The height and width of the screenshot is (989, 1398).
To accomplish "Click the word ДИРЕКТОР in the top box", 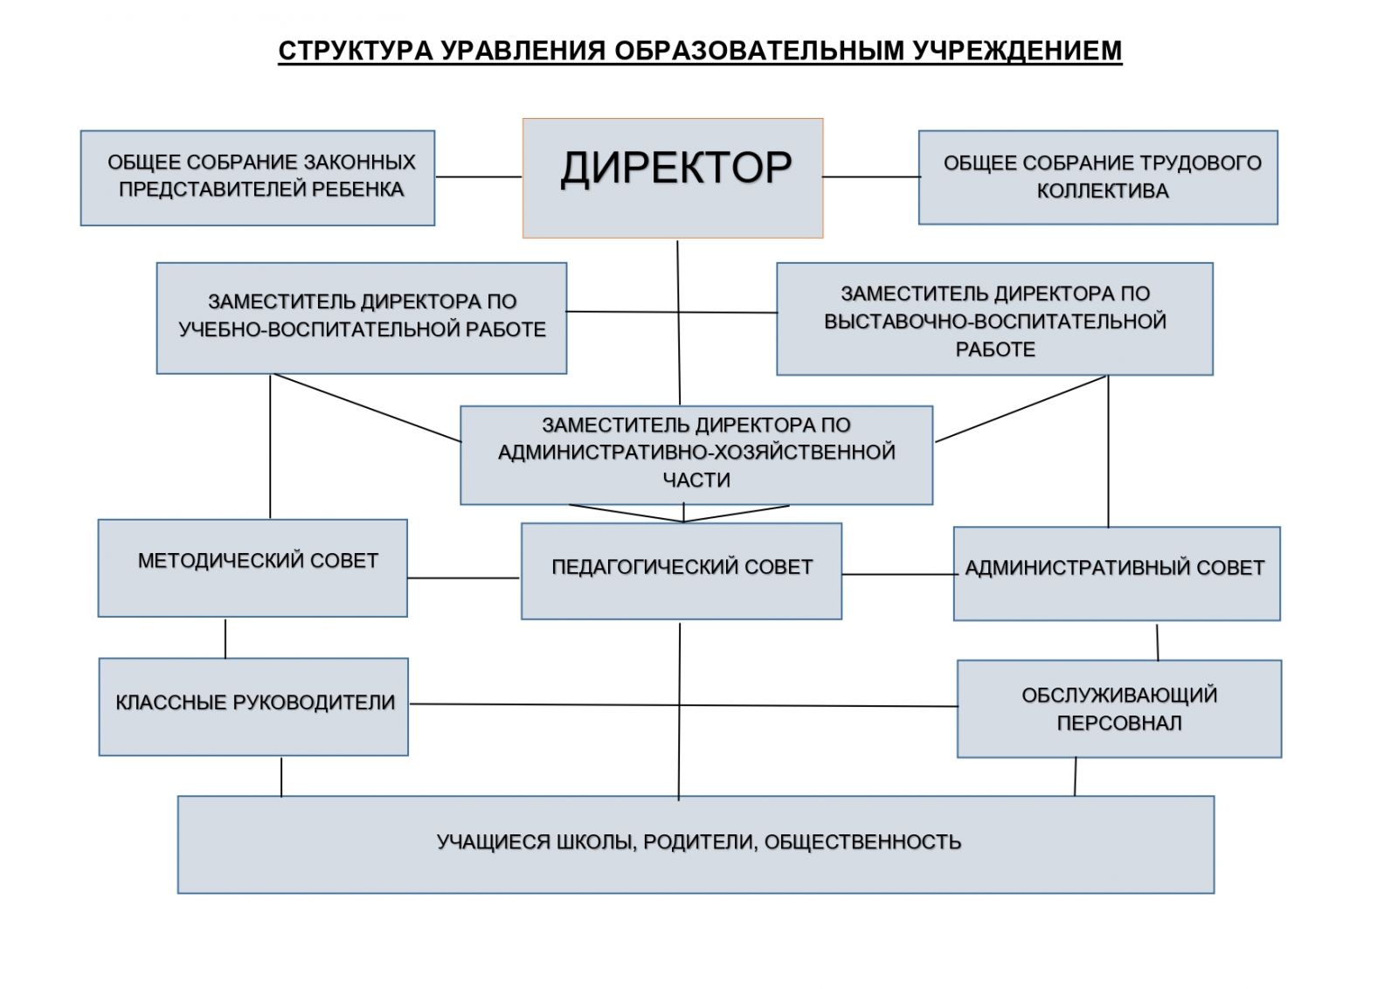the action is pyautogui.click(x=676, y=169).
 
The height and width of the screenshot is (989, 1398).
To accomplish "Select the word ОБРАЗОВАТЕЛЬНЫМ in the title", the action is pyautogui.click(x=759, y=51).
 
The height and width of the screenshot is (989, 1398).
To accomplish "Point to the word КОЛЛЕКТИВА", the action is pyautogui.click(x=1103, y=190).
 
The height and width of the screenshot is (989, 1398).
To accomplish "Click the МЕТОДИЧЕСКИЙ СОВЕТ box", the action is pyautogui.click(x=253, y=568).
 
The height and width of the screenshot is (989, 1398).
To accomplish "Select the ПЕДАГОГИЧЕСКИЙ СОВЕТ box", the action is pyautogui.click(x=682, y=571).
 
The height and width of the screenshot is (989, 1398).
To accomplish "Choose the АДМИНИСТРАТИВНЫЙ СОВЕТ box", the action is pyautogui.click(x=1117, y=573).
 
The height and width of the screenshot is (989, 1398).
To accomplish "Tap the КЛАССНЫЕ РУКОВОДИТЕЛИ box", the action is pyautogui.click(x=253, y=706).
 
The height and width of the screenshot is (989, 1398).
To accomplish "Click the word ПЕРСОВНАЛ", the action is pyautogui.click(x=1119, y=723).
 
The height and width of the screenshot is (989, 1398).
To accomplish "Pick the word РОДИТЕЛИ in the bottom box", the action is pyautogui.click(x=701, y=842).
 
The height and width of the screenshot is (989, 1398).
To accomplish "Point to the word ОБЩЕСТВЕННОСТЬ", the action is pyautogui.click(x=862, y=842).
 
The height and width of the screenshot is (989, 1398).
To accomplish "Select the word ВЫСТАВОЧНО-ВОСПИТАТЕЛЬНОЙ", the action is pyautogui.click(x=995, y=322).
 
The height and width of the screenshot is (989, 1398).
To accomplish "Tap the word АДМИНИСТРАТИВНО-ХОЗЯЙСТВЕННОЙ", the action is pyautogui.click(x=696, y=452).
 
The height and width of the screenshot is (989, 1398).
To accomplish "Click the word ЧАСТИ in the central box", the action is pyautogui.click(x=696, y=480).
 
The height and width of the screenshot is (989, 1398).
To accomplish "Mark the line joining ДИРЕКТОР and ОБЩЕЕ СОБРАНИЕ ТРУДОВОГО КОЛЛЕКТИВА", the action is pyautogui.click(x=871, y=176).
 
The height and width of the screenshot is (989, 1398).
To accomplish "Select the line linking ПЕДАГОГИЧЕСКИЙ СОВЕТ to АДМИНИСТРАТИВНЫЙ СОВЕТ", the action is pyautogui.click(x=899, y=574).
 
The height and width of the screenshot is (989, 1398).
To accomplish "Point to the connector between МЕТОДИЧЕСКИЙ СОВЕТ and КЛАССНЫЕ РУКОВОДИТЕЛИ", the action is pyautogui.click(x=225, y=638).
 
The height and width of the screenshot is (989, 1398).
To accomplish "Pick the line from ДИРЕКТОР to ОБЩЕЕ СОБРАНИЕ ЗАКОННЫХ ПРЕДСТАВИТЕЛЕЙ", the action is pyautogui.click(x=479, y=176).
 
